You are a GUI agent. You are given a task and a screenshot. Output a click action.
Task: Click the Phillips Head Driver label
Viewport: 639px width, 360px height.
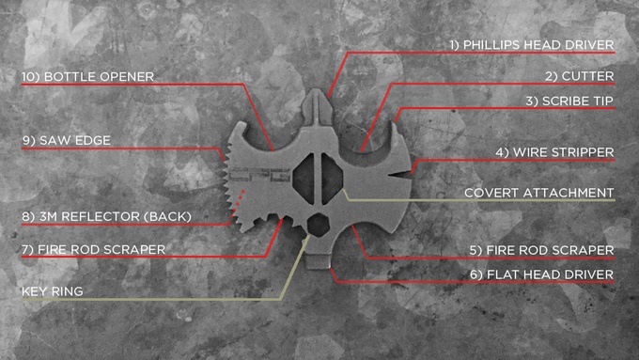point(532,45)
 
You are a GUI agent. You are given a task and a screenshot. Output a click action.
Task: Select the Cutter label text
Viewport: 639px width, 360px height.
point(580,76)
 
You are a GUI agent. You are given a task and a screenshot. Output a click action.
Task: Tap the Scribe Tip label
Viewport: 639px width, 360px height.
point(569,102)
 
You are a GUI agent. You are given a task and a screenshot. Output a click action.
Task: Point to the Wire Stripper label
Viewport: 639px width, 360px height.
point(554,152)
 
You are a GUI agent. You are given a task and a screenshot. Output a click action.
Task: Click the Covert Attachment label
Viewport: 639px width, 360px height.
point(538,193)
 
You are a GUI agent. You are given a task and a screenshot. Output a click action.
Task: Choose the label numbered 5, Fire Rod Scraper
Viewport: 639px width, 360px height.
point(541,250)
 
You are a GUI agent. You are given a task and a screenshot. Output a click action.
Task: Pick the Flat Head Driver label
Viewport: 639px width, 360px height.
point(541,274)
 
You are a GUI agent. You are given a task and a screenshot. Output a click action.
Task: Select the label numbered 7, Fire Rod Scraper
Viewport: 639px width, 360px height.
point(93,249)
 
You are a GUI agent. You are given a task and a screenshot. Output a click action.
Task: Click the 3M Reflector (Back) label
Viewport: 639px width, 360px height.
point(106,216)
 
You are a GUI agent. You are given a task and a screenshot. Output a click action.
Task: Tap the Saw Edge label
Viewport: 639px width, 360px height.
point(67,141)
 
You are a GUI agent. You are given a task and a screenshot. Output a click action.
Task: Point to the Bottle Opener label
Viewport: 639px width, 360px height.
point(87,77)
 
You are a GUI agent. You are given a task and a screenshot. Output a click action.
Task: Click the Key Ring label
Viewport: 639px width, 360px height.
point(53,291)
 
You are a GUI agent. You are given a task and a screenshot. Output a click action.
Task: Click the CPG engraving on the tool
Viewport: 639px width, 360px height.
point(259,175)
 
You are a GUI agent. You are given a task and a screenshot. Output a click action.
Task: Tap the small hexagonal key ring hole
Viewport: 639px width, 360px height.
point(318,225)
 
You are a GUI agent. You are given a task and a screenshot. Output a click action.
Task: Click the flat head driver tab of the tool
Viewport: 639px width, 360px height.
point(319,261)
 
